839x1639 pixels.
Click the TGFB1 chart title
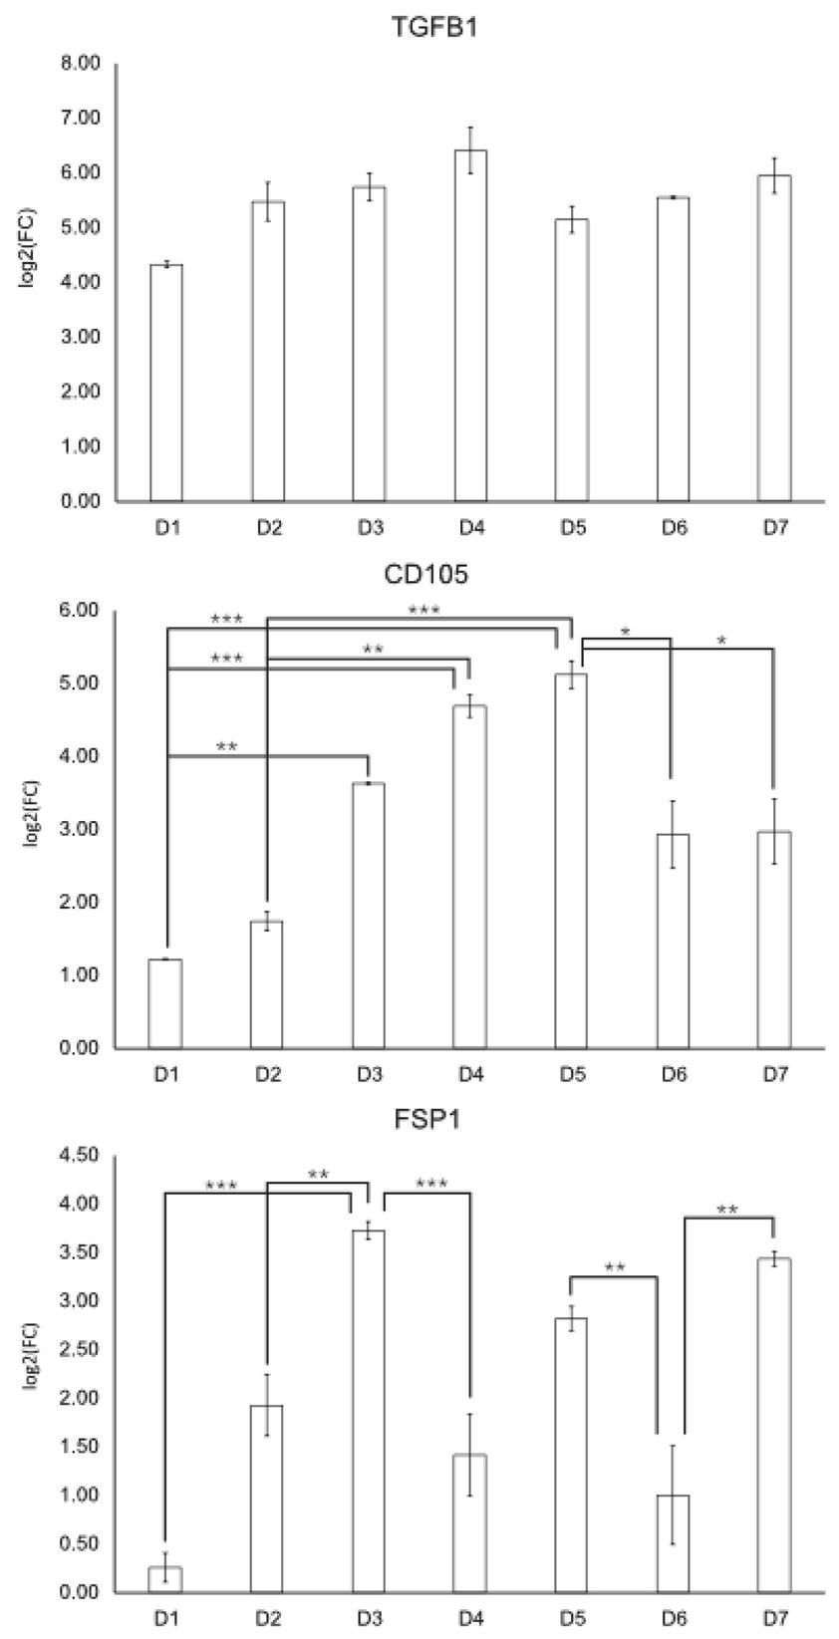coord(421,29)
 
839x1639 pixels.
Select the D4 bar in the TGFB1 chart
coord(470,329)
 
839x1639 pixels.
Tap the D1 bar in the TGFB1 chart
coord(165,384)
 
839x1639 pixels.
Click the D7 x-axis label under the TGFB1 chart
coord(774,529)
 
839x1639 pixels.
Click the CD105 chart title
coord(421,575)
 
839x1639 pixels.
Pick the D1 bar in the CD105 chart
coord(165,1004)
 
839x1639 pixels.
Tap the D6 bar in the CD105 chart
coord(674,942)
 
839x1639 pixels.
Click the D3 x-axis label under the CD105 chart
coord(369,1076)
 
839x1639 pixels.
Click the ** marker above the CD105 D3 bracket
coord(226,746)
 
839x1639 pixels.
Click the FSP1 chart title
coord(421,1120)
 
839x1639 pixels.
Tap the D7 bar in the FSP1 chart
coord(774,1425)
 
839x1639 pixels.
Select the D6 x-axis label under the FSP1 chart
coord(674,1620)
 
